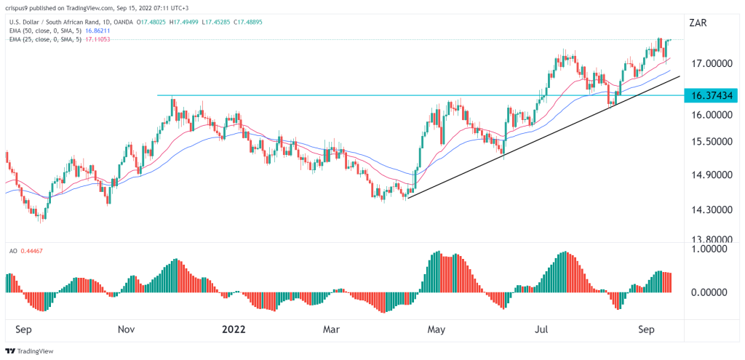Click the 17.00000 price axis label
(712, 63)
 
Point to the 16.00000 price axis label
(712, 115)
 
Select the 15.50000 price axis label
(712, 142)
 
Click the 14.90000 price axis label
(712, 175)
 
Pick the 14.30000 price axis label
(712, 209)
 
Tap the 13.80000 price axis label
(712, 239)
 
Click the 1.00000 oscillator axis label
(712, 248)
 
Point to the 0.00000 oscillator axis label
(712, 292)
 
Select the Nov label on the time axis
(126, 329)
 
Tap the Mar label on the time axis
(331, 329)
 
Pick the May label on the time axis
(436, 329)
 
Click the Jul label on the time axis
(542, 329)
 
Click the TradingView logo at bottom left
(33, 350)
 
